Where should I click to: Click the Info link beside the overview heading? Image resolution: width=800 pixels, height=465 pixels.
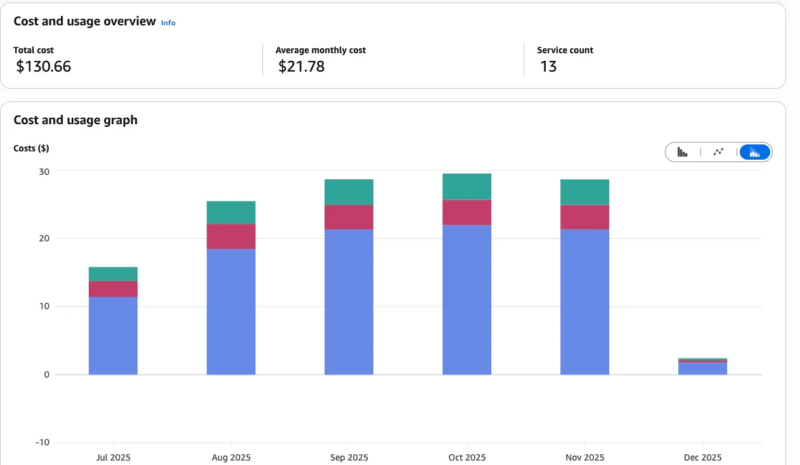coord(168,23)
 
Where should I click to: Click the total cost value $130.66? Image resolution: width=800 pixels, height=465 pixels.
coord(44,66)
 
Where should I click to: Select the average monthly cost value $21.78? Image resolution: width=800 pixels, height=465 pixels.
coord(301,66)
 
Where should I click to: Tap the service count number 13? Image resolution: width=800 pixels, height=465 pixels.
coord(548,66)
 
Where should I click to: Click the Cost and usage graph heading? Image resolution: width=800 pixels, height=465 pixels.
coord(75,120)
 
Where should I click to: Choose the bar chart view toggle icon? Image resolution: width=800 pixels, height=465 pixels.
coord(683,152)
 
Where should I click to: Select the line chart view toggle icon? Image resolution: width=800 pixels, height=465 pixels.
coord(718,152)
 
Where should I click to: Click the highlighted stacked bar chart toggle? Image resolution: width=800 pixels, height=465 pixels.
coord(754,152)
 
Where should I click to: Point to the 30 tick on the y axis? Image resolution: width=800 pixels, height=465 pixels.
coord(44,171)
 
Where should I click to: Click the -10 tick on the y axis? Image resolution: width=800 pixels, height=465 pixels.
coord(42,442)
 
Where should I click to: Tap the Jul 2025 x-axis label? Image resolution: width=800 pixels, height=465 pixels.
coord(113,457)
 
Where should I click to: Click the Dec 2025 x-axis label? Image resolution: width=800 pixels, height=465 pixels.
coord(702,457)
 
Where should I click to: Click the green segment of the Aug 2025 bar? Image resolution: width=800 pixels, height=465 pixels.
coord(231,212)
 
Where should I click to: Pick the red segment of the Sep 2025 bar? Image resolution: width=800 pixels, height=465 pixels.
coord(349,217)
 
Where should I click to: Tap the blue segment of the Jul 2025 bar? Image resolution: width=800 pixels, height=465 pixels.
coord(113,336)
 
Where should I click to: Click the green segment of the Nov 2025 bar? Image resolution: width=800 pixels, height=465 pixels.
coord(584,192)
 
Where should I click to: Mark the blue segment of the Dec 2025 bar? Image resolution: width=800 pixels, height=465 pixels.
coord(702,369)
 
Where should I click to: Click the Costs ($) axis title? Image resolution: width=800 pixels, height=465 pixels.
coord(31,148)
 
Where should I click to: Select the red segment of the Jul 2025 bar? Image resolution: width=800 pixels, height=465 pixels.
coord(113,289)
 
